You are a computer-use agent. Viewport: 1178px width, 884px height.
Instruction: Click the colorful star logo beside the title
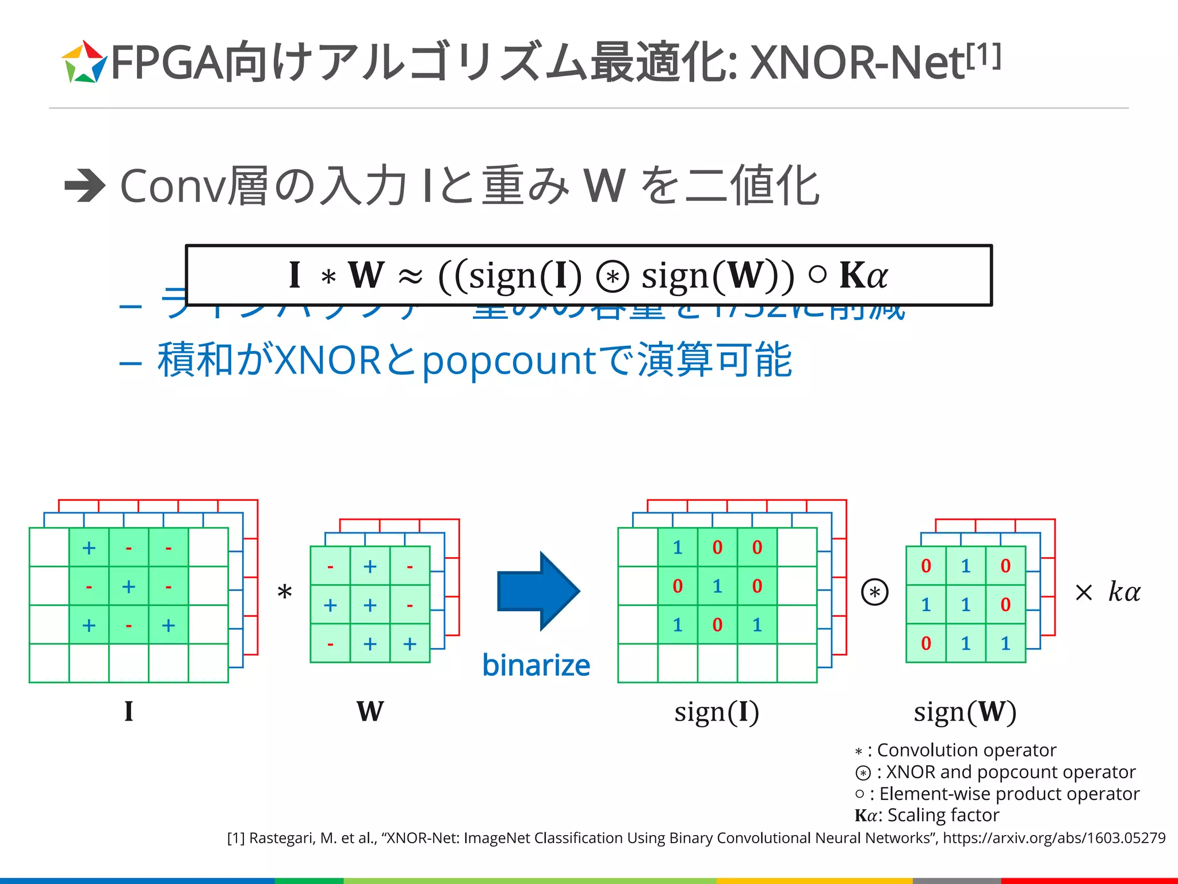(x=84, y=62)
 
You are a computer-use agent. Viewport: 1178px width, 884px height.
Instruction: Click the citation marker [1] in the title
(x=984, y=56)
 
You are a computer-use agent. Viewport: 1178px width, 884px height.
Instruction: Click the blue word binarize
(x=536, y=665)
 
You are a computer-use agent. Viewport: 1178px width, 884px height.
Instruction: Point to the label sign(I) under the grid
(x=717, y=712)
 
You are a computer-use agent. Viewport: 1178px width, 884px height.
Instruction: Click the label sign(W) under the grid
(x=965, y=712)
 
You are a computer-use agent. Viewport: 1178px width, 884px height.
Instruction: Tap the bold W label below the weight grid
(x=370, y=711)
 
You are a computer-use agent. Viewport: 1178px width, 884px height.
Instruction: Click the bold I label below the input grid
(x=129, y=711)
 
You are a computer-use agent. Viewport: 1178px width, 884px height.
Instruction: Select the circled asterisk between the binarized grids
(x=875, y=592)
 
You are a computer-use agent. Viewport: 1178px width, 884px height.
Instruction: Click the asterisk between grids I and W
(x=285, y=592)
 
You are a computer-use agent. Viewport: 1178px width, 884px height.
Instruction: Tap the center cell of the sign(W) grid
(x=966, y=604)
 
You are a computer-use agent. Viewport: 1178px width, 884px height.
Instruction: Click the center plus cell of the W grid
(x=370, y=605)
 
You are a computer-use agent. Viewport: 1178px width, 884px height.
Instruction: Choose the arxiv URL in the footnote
(x=1054, y=838)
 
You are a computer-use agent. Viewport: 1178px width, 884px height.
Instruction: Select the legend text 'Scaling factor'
(x=943, y=815)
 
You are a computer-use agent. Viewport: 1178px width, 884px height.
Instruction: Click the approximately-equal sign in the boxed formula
(x=410, y=276)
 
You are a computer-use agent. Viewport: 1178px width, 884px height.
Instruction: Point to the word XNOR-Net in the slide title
(x=857, y=62)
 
